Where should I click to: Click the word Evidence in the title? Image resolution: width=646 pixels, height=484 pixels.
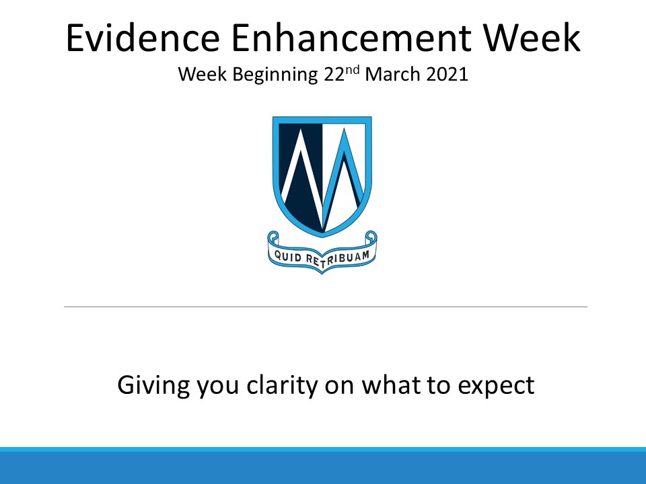143,38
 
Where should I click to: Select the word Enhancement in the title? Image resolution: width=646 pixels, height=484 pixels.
351,38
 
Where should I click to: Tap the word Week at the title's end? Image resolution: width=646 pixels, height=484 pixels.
532,38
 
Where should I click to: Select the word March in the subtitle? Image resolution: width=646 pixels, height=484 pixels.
392,75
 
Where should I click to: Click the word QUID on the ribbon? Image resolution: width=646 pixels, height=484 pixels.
288,257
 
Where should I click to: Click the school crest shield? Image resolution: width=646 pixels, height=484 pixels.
322,177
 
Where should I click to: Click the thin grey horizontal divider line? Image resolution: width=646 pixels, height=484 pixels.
326,307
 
